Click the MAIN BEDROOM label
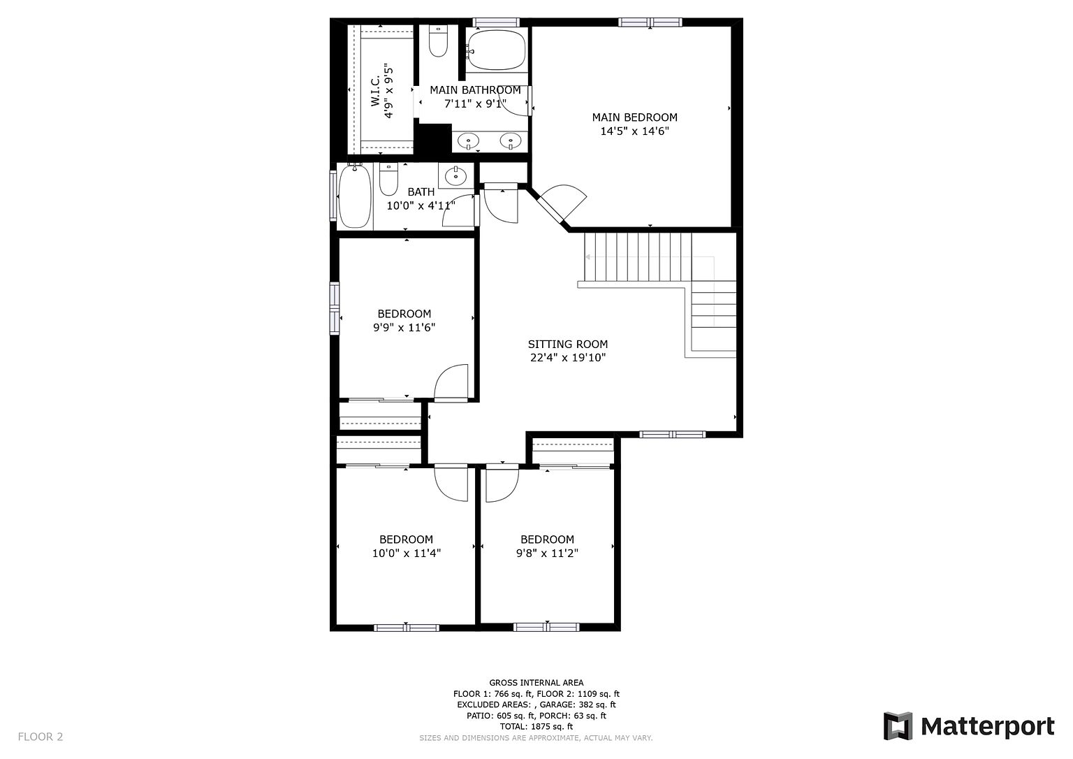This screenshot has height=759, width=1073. (x=635, y=117)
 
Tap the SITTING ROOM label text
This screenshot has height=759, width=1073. (x=568, y=344)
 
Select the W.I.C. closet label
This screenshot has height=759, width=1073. (x=375, y=90)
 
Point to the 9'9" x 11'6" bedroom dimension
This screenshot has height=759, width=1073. (x=404, y=328)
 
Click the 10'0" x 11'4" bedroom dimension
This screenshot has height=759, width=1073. (x=406, y=554)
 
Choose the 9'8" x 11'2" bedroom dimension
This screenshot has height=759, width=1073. (x=547, y=554)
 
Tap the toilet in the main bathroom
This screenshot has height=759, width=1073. (x=438, y=41)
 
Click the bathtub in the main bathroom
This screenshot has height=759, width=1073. (x=496, y=50)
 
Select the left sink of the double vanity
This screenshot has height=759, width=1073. (x=468, y=141)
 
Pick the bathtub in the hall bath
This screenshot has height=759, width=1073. (x=354, y=196)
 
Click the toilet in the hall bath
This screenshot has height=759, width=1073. (x=388, y=180)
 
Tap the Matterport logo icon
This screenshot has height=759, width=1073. (x=898, y=726)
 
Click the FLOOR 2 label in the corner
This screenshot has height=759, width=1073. (x=41, y=737)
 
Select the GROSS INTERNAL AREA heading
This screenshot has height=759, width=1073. (x=536, y=683)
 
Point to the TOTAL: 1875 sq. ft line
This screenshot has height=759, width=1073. (x=536, y=726)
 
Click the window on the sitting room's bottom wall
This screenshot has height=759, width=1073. (x=672, y=435)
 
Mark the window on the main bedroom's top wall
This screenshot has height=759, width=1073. (x=650, y=22)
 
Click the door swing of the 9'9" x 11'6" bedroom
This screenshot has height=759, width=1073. (x=451, y=383)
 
